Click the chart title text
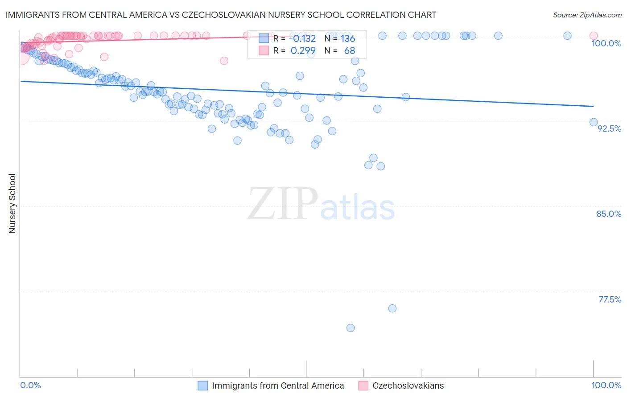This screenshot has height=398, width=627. coord(221,15)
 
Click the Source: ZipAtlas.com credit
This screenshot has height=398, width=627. coord(587,15)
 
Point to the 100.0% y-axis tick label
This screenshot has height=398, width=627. coord(606,43)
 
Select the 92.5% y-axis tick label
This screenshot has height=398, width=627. coord(609,129)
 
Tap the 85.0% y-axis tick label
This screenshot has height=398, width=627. coord(609,214)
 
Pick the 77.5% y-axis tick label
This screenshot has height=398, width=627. coord(610,299)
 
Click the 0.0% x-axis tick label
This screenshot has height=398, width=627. coord(30,385)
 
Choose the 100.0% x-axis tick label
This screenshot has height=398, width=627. coord(606,385)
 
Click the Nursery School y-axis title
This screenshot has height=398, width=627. coord(12,203)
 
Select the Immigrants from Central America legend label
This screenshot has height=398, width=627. coord(278,386)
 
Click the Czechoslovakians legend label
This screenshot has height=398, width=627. coord(408,386)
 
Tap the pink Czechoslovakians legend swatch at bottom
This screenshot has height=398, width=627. coord(363,386)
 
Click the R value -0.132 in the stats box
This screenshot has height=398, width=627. coord(303,38)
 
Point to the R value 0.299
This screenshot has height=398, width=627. coord(303,50)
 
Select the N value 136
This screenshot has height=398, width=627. coord(348,38)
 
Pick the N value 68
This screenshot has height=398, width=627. coord(349,50)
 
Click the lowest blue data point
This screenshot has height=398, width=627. coord(351,328)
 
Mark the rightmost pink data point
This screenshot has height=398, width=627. coord(594,36)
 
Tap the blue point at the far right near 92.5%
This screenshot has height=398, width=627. coord(594,122)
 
